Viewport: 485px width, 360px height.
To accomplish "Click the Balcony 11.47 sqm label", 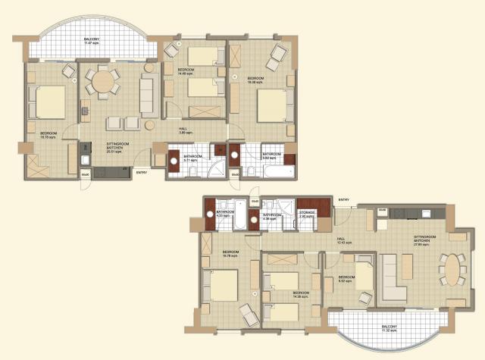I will pyautogui.click(x=92, y=41).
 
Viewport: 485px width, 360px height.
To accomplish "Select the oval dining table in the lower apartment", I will pyautogui.click(x=452, y=269).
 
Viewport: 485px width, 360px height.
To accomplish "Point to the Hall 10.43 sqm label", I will pyautogui.click(x=344, y=241).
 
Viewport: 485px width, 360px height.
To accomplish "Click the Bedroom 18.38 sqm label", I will pyautogui.click(x=255, y=79).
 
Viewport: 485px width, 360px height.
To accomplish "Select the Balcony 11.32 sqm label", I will pyautogui.click(x=389, y=329).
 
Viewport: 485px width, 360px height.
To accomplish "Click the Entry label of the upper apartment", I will pyautogui.click(x=142, y=172).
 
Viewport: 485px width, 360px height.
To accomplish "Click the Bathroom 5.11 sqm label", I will pyautogui.click(x=190, y=159).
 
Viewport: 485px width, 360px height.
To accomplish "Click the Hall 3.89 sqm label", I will pyautogui.click(x=183, y=130).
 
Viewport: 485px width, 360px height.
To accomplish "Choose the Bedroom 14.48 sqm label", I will pyautogui.click(x=186, y=71).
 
